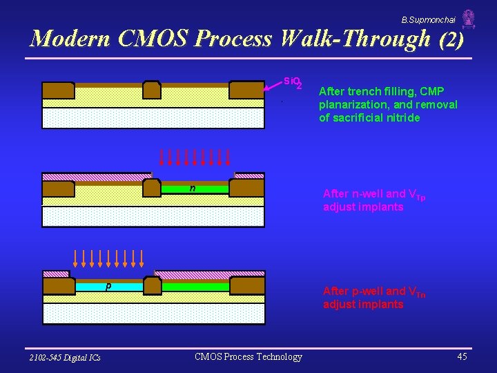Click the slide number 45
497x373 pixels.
(x=462, y=356)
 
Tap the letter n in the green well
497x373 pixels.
(x=193, y=187)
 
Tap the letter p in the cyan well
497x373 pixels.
(x=108, y=285)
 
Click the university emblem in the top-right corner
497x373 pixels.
(x=469, y=19)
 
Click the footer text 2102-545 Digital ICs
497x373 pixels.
(x=65, y=357)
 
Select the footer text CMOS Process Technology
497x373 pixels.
(x=248, y=356)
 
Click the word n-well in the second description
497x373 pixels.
(x=368, y=194)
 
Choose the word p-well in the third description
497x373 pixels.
(x=368, y=291)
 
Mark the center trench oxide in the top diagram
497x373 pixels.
(x=152, y=90)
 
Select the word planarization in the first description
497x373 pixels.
(x=353, y=104)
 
